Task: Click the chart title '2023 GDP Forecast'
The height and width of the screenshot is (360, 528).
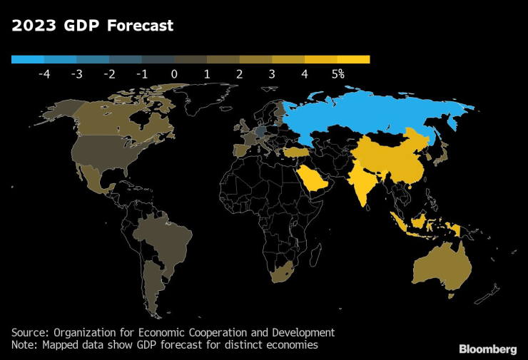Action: [92, 26]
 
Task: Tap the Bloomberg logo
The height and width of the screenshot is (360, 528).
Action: [487, 349]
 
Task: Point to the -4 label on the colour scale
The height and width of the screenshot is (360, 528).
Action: [44, 73]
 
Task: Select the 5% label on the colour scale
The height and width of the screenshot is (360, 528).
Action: [337, 73]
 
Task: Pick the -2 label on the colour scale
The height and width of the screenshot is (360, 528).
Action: [109, 73]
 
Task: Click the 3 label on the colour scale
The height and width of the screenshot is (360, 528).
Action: [273, 73]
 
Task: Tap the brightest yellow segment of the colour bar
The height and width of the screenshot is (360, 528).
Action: [353, 60]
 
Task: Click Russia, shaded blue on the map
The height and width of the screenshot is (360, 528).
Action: [371, 114]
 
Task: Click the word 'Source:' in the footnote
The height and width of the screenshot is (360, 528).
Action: [30, 332]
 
